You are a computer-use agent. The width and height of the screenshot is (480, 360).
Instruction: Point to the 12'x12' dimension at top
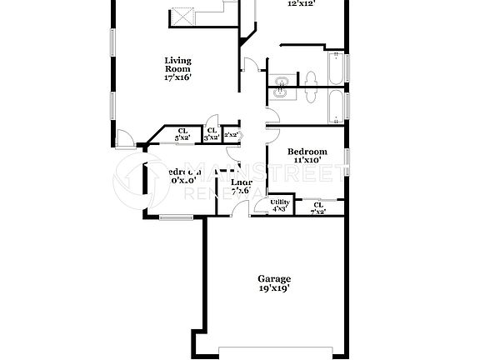pyautogui.click(x=301, y=4)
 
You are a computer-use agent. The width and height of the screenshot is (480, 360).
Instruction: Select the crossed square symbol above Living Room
pyautogui.click(x=182, y=17)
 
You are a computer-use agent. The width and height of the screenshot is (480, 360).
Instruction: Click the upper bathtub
pyautogui.click(x=337, y=69)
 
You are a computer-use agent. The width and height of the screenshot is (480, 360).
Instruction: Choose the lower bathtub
pyautogui.click(x=337, y=107)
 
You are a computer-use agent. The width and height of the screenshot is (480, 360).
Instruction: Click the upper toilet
pyautogui.click(x=310, y=79)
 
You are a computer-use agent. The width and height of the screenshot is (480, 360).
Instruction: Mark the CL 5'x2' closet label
pyautogui.click(x=182, y=133)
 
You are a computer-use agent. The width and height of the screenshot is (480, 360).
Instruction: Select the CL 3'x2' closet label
pyautogui.click(x=212, y=133)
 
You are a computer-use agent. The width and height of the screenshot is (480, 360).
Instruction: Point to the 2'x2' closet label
pyautogui.click(x=232, y=134)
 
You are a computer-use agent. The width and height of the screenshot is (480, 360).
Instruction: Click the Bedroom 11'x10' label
pyautogui.click(x=307, y=155)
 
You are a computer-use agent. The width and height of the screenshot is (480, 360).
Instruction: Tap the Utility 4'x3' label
pyautogui.click(x=280, y=205)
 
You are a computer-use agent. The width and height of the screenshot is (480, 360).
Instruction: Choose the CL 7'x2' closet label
pyautogui.click(x=317, y=207)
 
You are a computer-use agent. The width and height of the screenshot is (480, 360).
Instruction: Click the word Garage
pyautogui.click(x=274, y=279)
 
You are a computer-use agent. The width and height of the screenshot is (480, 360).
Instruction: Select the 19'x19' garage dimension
pyautogui.click(x=274, y=291)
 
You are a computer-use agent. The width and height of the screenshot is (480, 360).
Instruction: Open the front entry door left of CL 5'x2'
pyautogui.click(x=123, y=139)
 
